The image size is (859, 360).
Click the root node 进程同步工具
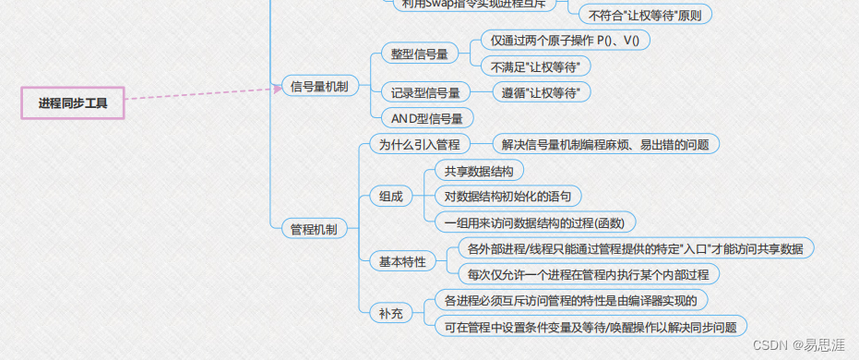(73, 103)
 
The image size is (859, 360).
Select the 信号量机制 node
(319, 87)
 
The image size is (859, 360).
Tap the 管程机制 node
(313, 229)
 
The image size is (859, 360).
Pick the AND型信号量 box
(427, 118)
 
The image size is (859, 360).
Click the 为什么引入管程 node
(419, 144)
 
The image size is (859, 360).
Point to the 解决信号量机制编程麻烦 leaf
(604, 144)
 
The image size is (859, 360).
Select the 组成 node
(390, 197)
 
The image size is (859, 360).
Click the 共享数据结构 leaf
(479, 171)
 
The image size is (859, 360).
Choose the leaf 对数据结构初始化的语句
(507, 197)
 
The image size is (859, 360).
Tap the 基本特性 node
(402, 261)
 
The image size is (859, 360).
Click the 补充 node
(390, 313)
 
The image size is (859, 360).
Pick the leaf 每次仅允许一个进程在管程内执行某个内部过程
(588, 274)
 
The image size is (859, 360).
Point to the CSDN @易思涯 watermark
(799, 344)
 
